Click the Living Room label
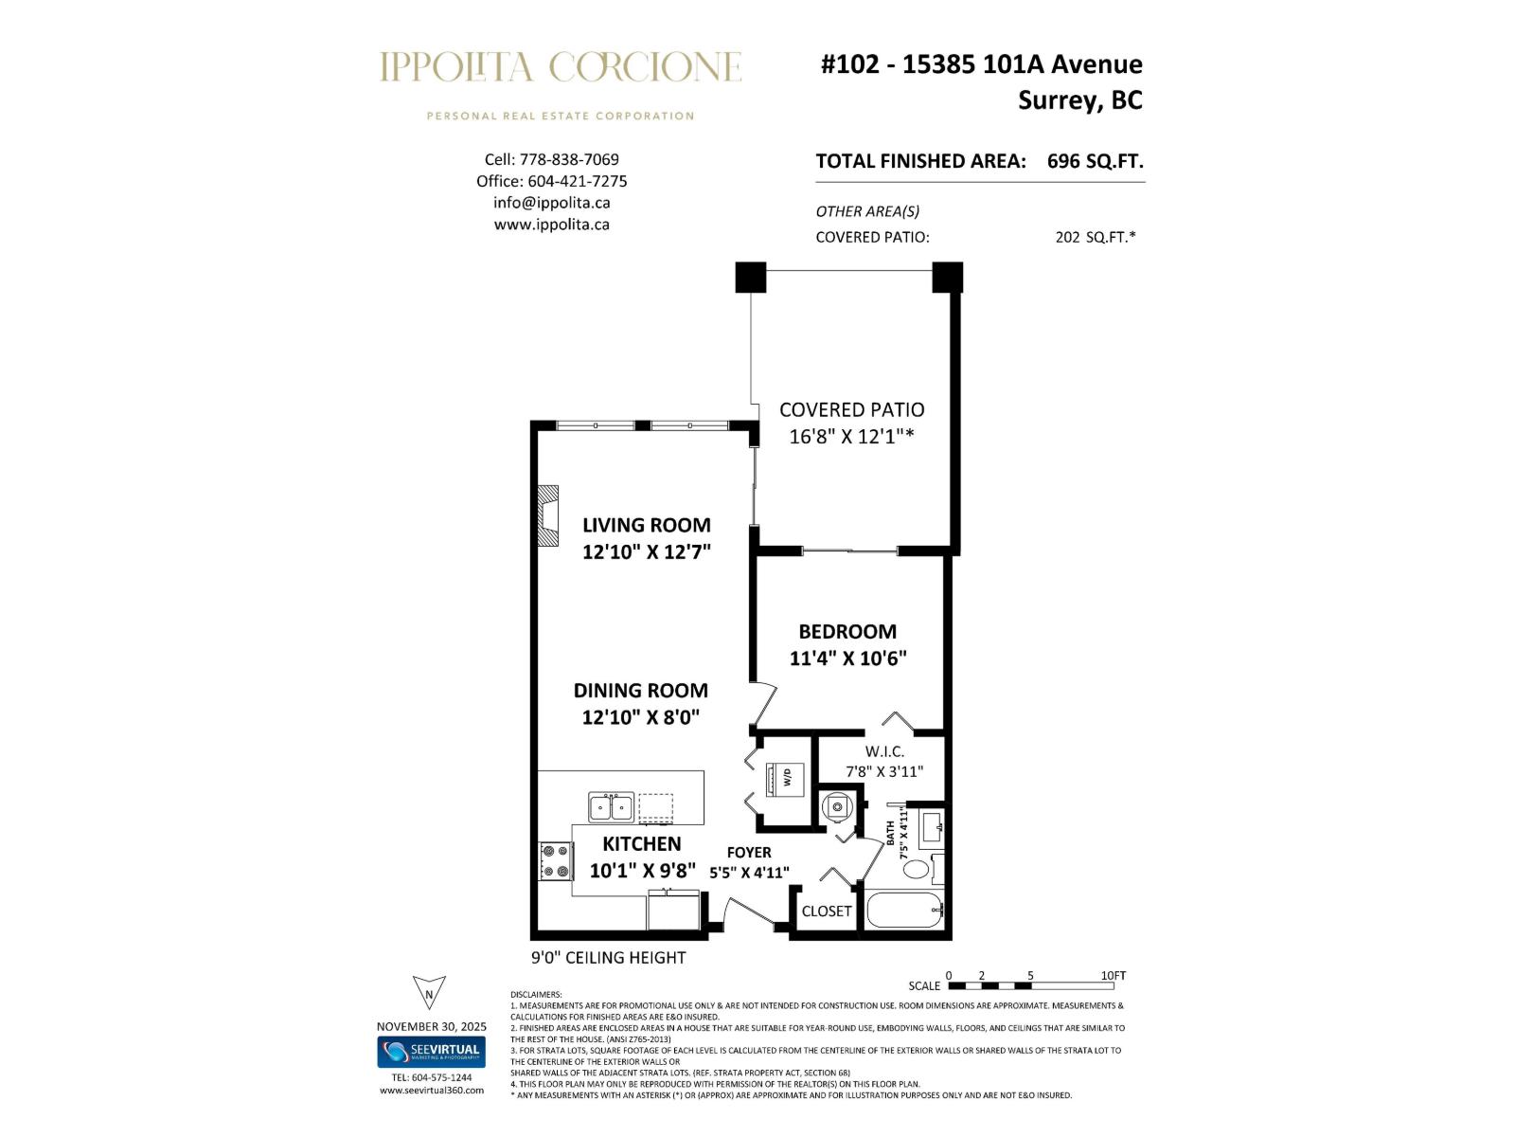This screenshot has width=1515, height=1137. [x=646, y=525]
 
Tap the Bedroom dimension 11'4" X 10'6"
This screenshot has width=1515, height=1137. [x=847, y=658]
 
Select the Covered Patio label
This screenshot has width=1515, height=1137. [x=851, y=409]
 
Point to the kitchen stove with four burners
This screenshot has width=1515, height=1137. [x=556, y=860]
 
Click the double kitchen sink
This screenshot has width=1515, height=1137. [x=611, y=807]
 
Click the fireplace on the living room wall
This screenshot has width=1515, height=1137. [x=547, y=516]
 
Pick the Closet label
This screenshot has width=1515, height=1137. [x=826, y=911]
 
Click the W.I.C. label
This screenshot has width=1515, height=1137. [x=883, y=751]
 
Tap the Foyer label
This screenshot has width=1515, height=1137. [x=748, y=852]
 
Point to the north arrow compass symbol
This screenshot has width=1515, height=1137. [x=429, y=992]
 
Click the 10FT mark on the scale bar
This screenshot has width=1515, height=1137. [x=1113, y=976]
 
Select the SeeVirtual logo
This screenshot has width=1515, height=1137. [x=431, y=1052]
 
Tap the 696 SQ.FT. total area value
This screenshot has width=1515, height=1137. [x=1095, y=161]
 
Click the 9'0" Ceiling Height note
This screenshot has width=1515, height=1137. [x=608, y=958]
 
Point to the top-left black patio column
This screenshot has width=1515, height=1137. [x=750, y=277]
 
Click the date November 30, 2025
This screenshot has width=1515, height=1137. [x=431, y=1026]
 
